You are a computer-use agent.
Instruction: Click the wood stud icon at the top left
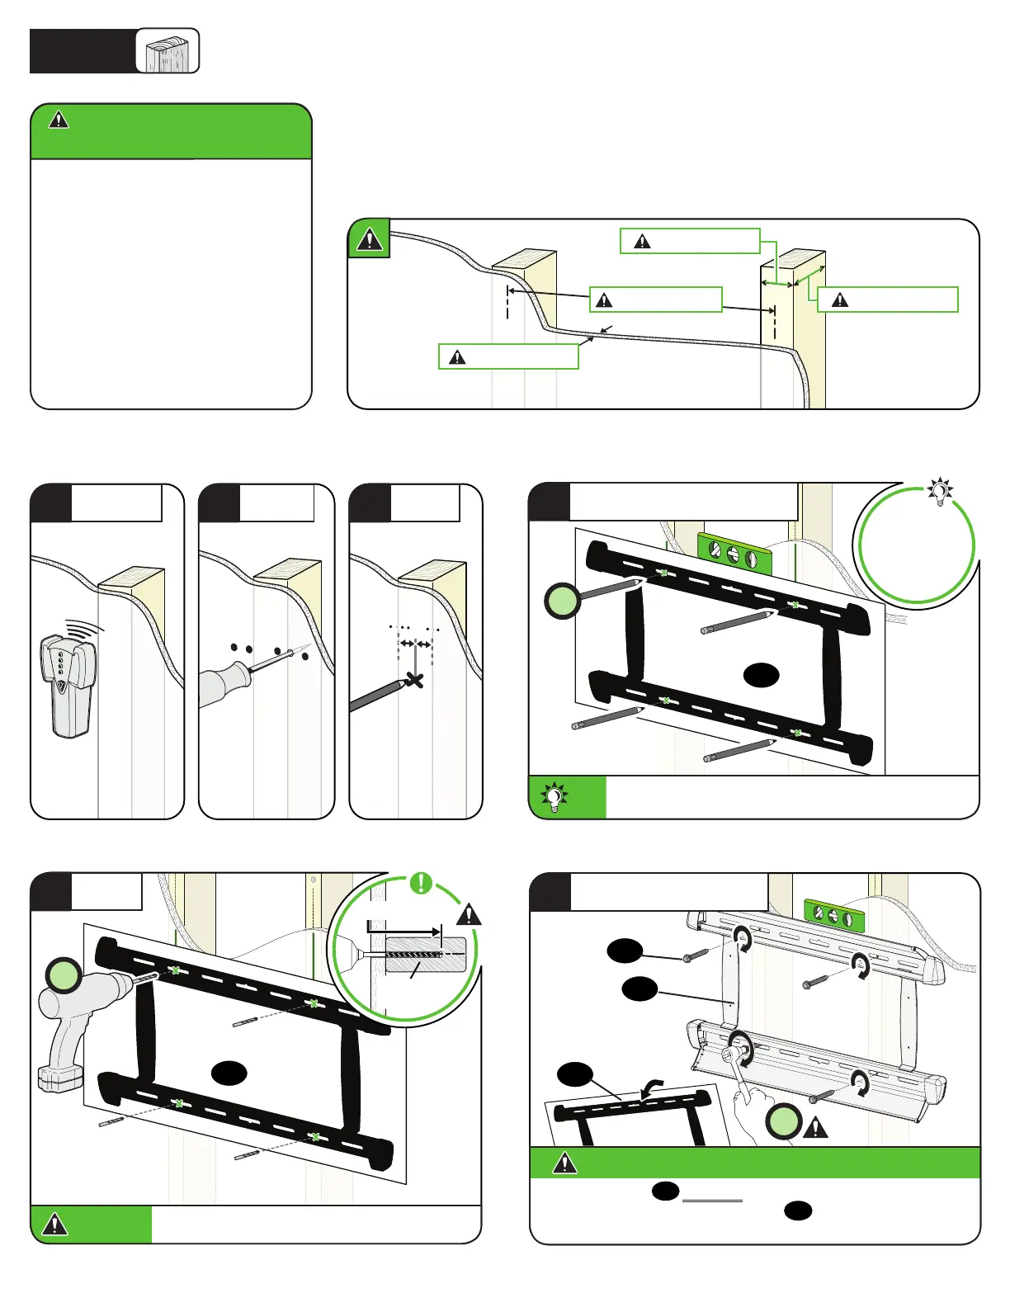pos(168,51)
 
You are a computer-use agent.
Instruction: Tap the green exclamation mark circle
pos(421,883)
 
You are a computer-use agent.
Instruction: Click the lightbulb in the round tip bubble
pos(940,492)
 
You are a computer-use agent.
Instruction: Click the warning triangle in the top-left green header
pos(59,120)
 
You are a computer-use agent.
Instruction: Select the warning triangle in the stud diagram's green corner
pos(369,239)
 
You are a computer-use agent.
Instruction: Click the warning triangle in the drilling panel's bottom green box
pos(55,1224)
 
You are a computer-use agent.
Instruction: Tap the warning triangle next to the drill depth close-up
pos(469,914)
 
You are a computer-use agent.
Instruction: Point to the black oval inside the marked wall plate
pos(761,676)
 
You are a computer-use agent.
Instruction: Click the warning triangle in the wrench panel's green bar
pos(564,1163)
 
